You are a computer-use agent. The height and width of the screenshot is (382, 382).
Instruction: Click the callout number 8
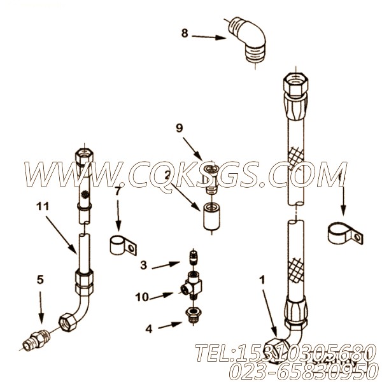point(185,33)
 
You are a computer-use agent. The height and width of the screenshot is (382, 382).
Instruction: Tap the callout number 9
point(180,128)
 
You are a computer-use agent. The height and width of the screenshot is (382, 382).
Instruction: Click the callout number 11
point(43,206)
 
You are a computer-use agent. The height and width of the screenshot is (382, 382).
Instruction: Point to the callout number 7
point(118,192)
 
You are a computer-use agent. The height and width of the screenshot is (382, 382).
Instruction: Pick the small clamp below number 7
point(123,245)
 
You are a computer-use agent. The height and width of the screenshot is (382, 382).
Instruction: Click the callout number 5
point(40,279)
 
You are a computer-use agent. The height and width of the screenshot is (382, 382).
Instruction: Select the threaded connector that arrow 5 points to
point(36,339)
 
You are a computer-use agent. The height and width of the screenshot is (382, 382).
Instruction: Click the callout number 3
point(144,265)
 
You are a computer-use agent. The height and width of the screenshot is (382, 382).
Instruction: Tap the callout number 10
point(142,297)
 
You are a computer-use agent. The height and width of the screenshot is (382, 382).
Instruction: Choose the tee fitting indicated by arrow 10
point(192,285)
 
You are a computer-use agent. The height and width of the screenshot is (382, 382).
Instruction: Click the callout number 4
point(149,329)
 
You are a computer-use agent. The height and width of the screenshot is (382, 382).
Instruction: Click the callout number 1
point(262,280)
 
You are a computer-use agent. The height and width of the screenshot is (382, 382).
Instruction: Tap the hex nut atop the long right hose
point(296,85)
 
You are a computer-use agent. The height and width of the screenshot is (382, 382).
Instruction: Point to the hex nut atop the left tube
point(84,156)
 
